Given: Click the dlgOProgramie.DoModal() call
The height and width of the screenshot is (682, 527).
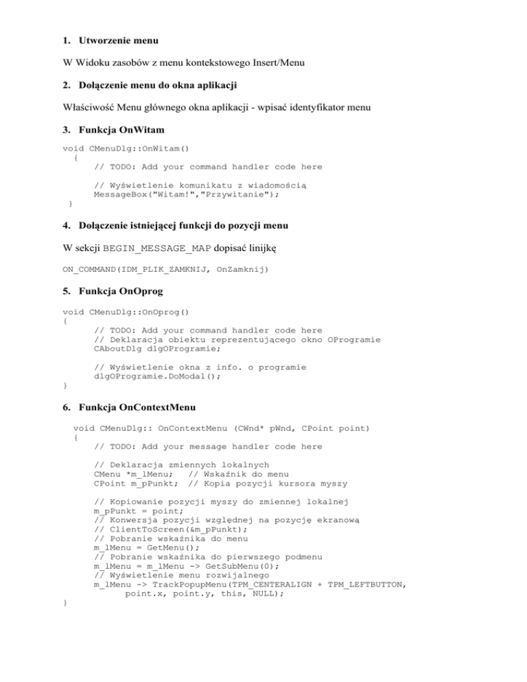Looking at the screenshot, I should [x=151, y=377].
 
